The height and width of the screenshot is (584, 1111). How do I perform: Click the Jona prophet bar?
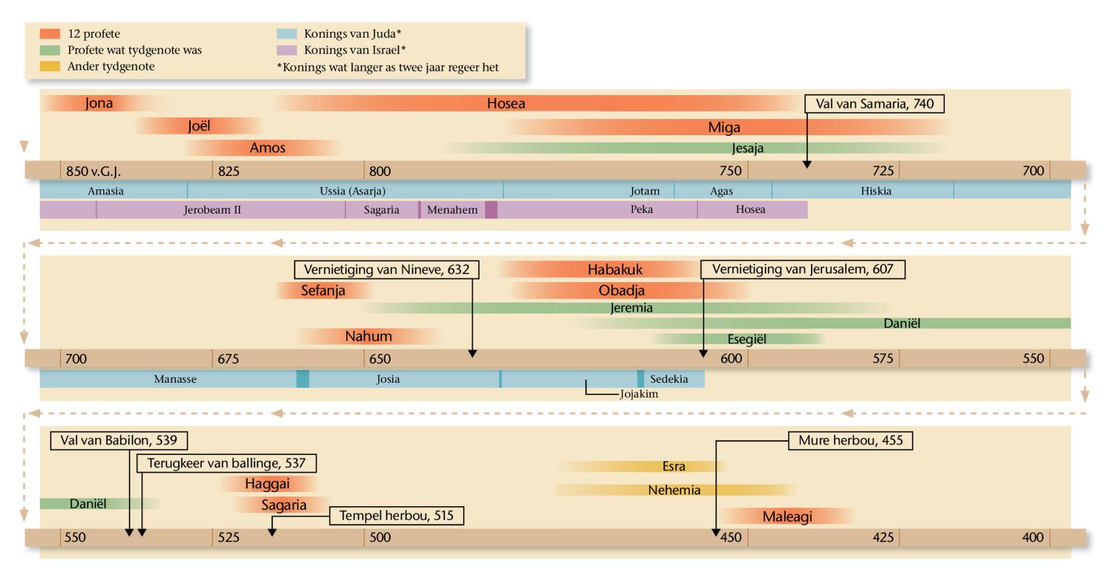[x=99, y=103]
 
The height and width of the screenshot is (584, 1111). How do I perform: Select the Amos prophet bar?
[x=267, y=148]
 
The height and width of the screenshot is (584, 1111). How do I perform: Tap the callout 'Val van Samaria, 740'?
[x=874, y=104]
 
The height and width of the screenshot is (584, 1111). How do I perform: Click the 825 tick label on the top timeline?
[x=228, y=171]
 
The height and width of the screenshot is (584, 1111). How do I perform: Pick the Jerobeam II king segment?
[x=212, y=210]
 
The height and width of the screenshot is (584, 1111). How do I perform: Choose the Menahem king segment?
[x=452, y=210]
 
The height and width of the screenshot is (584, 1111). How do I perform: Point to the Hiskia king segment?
[x=875, y=191]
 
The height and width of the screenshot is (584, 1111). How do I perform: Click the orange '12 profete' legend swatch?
[x=50, y=34]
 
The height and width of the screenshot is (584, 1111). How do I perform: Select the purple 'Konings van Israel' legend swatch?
[x=287, y=50]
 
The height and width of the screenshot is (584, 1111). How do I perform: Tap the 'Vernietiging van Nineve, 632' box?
[x=386, y=270]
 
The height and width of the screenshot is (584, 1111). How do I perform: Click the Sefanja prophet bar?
[x=323, y=290]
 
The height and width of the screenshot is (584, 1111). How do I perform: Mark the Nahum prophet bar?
[x=368, y=336]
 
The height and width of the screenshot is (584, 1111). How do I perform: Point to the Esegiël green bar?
[x=746, y=340]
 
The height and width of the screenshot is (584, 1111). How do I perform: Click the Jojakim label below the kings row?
[x=639, y=394]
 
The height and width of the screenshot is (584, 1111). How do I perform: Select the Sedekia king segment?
[x=669, y=379]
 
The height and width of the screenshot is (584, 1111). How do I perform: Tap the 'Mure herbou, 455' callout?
[x=850, y=441]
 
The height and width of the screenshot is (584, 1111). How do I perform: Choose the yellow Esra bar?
[x=673, y=467]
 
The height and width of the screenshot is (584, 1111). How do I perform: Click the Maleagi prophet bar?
[x=787, y=517]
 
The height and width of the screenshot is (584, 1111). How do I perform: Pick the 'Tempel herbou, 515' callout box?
[x=396, y=516]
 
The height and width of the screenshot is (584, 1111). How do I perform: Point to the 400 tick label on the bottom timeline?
[x=1032, y=537]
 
